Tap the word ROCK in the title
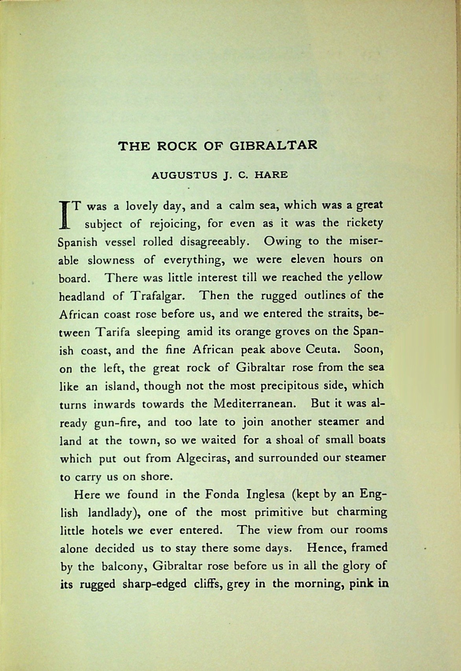tap(176, 146)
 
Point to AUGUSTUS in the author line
tap(184, 175)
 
